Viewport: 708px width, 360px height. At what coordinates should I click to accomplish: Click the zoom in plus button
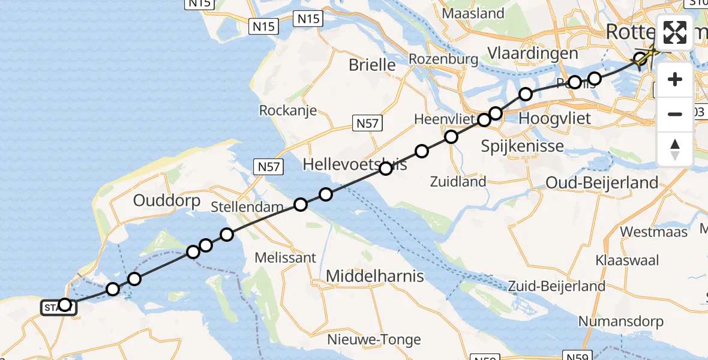[675, 79]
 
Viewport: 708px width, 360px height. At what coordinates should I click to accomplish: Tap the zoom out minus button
[675, 114]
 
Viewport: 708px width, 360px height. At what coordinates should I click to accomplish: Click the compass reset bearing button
[675, 149]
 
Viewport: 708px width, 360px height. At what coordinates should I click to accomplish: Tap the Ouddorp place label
[167, 200]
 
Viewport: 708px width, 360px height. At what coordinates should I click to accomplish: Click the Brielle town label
[373, 65]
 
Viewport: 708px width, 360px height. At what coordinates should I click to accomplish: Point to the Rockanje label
[287, 111]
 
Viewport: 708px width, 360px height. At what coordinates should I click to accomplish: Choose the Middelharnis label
[375, 277]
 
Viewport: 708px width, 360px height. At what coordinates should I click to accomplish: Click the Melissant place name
[286, 258]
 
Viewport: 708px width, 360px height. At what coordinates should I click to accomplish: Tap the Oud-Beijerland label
[602, 182]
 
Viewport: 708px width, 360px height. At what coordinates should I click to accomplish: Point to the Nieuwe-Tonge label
[374, 340]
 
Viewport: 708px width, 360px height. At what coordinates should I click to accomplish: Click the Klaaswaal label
[628, 260]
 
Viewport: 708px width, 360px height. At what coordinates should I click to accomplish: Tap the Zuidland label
[458, 181]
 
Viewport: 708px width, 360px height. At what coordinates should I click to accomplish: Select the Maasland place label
[472, 13]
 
